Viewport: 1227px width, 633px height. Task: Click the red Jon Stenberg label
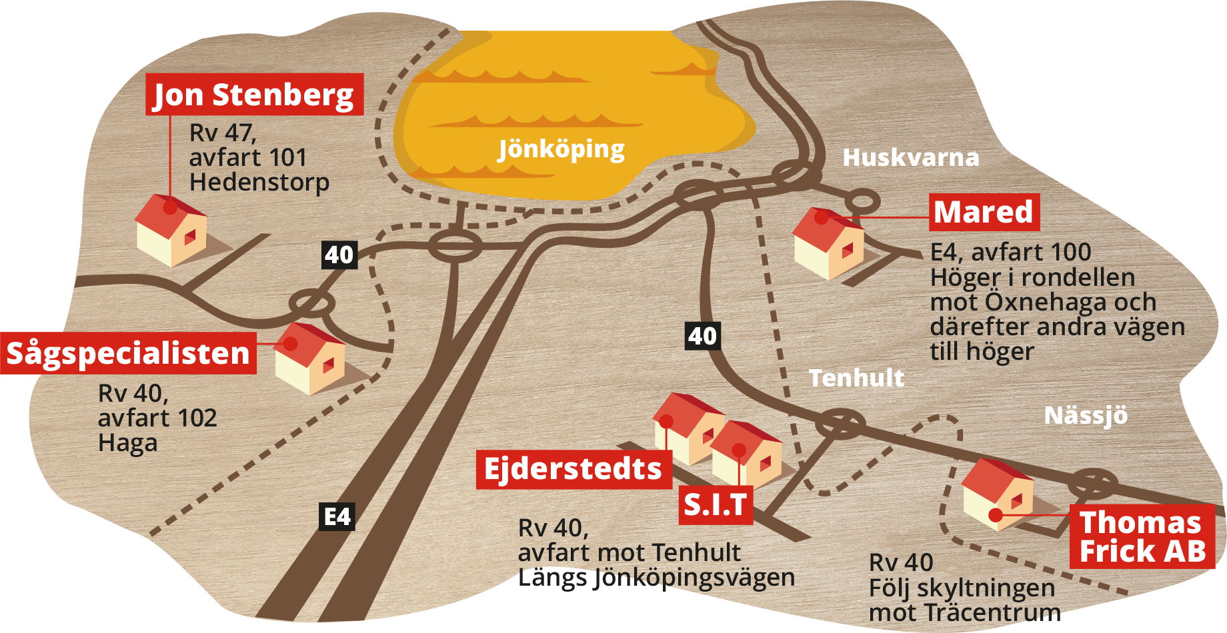click(254, 95)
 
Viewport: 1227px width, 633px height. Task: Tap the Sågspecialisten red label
click(128, 353)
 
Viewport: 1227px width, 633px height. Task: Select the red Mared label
click(984, 213)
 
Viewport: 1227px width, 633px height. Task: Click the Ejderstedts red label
click(573, 469)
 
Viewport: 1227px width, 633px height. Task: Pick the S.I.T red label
click(716, 505)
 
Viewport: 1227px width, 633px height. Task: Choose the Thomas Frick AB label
click(1142, 536)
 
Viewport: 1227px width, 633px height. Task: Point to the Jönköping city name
click(561, 149)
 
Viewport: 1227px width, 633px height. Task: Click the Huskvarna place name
click(911, 158)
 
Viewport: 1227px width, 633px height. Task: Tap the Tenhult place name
click(857, 378)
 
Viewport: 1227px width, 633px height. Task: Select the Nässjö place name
click(1086, 416)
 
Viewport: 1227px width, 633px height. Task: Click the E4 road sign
click(337, 516)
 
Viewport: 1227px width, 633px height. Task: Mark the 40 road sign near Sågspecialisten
click(339, 255)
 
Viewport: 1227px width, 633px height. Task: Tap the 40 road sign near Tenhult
click(703, 336)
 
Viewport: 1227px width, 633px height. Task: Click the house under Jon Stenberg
click(172, 231)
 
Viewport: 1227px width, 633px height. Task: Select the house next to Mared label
click(828, 244)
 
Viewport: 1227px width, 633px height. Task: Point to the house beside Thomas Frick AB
click(998, 494)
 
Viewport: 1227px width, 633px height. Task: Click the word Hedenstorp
click(259, 183)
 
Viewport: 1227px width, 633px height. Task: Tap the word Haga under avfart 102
click(127, 443)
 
